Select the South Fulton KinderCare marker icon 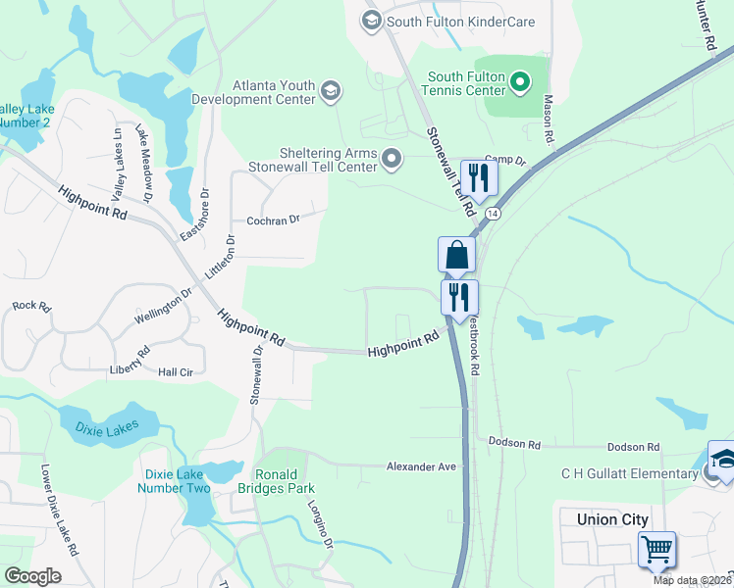[371, 21]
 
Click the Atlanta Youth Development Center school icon [331, 92]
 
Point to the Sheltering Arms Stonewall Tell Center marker [393, 159]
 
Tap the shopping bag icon [457, 256]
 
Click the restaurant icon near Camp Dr [479, 177]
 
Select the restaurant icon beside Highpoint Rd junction [459, 297]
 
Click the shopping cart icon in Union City [656, 549]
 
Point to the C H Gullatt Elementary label [629, 474]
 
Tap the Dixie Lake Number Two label [178, 481]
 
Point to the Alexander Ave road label [421, 467]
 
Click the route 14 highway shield [493, 213]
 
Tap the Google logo [32, 576]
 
